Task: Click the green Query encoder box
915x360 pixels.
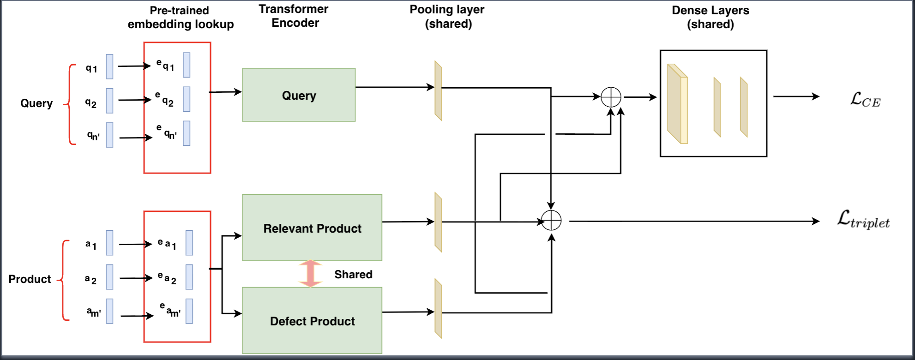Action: point(299,95)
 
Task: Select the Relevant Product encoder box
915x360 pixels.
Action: point(312,228)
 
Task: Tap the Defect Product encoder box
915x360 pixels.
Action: point(312,321)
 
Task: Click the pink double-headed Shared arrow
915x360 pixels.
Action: point(310,273)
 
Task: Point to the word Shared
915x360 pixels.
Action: point(353,275)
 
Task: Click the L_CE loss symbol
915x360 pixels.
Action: point(865,99)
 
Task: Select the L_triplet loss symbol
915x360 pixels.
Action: point(863,220)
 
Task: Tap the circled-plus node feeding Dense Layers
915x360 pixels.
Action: point(611,97)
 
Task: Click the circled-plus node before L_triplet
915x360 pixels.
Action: point(551,220)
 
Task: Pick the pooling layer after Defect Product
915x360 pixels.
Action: point(438,308)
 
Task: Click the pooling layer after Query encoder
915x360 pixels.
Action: point(438,90)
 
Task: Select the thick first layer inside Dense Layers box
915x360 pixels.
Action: point(677,104)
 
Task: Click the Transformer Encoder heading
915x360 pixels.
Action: point(294,16)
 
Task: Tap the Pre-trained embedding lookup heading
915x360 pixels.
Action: point(180,17)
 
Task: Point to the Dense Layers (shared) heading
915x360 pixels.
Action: point(710,17)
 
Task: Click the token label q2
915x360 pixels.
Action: point(91,103)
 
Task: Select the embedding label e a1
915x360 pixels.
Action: point(167,243)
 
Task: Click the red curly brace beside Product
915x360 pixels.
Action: point(64,280)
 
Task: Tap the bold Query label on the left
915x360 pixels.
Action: point(36,103)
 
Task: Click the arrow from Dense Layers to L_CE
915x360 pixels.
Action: point(796,96)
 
